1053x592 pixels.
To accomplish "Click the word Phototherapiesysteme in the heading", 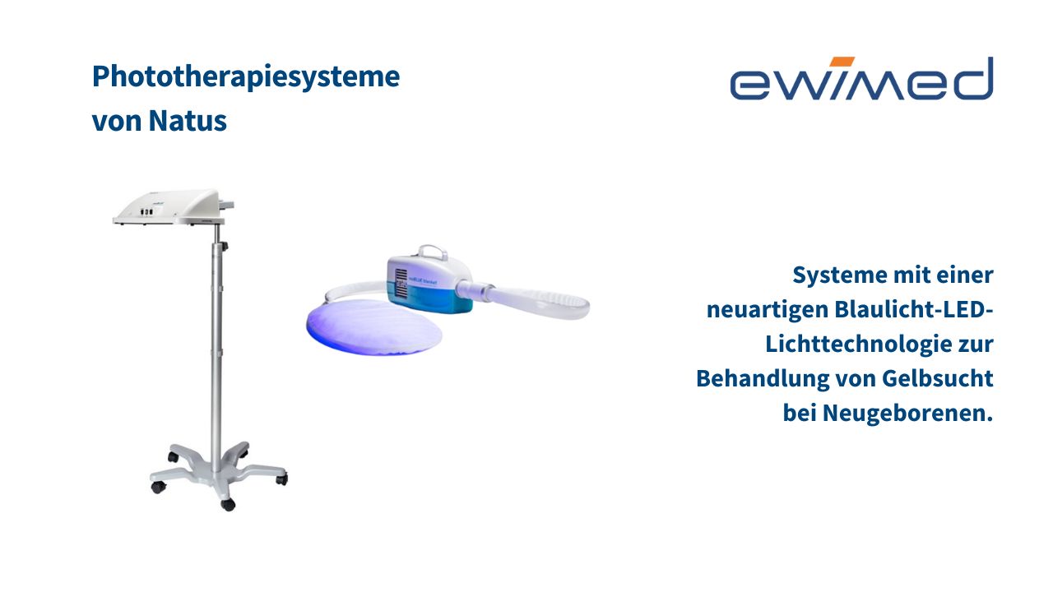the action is pos(246,77).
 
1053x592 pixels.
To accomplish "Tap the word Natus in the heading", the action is pos(188,121).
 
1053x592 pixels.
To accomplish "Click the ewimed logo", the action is pos(861,78).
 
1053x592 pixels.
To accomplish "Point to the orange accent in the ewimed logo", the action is pos(842,62).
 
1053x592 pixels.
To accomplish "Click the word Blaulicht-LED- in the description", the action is pos(913,310).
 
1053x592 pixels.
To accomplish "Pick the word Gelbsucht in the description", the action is pos(937,378).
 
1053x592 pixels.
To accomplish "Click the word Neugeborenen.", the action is pos(907,414).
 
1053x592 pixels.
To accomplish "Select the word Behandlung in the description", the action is pos(763,379).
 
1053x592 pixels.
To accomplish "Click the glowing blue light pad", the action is pos(374,326).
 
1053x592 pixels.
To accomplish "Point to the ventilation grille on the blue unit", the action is pos(401,283).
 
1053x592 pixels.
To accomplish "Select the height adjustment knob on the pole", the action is pos(225,246).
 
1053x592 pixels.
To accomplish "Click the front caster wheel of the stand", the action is pos(228,505).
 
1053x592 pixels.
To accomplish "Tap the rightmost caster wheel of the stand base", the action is pos(281,479).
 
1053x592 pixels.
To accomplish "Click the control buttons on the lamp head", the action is pos(146,212).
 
